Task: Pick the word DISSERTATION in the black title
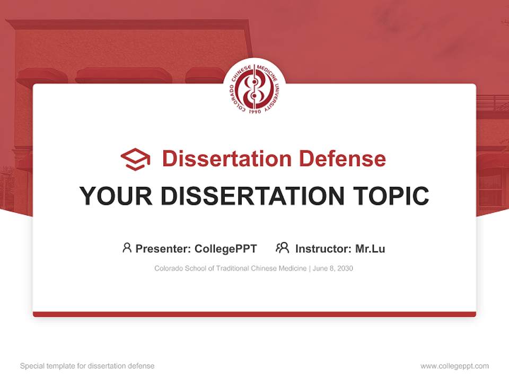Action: (249, 196)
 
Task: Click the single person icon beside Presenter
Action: (127, 248)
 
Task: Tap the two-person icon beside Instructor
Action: (282, 248)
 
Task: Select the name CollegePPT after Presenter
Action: (226, 249)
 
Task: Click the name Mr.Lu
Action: (370, 249)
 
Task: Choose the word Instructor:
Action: (323, 249)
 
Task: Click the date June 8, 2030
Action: (333, 268)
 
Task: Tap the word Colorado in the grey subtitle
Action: (168, 268)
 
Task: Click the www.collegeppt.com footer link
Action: (454, 366)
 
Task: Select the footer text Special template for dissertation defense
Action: (87, 366)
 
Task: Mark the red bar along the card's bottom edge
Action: (254, 314)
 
